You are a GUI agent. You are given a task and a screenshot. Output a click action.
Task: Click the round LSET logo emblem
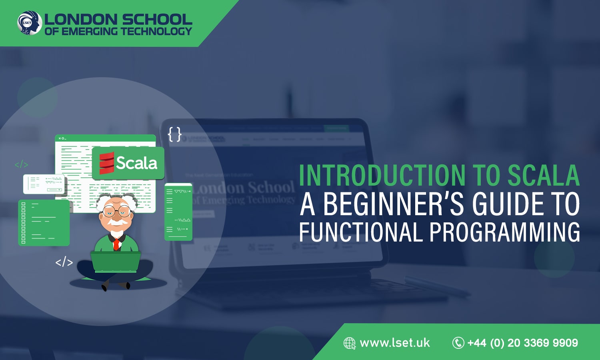coord(30,23)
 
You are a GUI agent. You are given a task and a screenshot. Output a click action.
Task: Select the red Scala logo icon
coord(107,163)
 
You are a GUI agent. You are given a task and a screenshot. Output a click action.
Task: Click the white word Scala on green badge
coord(136,163)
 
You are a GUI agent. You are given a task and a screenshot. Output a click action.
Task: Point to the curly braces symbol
coord(175,134)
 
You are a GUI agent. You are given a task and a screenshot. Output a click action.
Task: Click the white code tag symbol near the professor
coord(64,262)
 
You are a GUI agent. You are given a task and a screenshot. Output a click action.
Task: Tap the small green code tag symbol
coord(21,164)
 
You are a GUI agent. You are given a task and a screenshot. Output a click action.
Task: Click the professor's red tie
coord(116,244)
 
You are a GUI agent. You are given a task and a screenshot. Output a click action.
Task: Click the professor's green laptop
coord(116,262)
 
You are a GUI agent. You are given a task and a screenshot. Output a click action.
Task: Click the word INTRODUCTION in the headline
coord(382,175)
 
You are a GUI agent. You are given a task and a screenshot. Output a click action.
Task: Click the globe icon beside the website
coord(349,343)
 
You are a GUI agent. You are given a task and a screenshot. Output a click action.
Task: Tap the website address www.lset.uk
coord(394,343)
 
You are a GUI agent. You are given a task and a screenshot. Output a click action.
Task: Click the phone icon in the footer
coord(458,343)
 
